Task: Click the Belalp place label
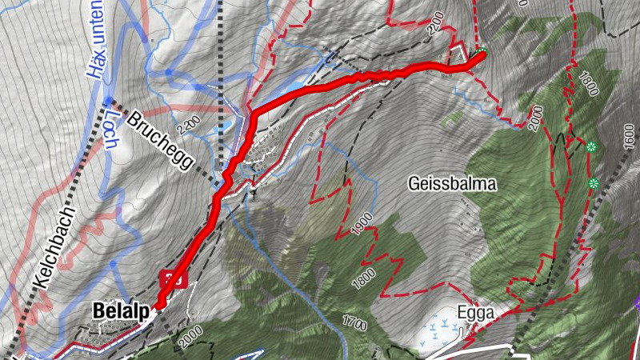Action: (121, 310)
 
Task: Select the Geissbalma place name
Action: (452, 184)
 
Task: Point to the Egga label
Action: (476, 312)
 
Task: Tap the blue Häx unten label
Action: (97, 40)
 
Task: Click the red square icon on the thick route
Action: (173, 279)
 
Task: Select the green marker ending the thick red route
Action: (481, 54)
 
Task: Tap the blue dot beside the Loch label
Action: (108, 100)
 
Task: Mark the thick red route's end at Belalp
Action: (160, 305)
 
